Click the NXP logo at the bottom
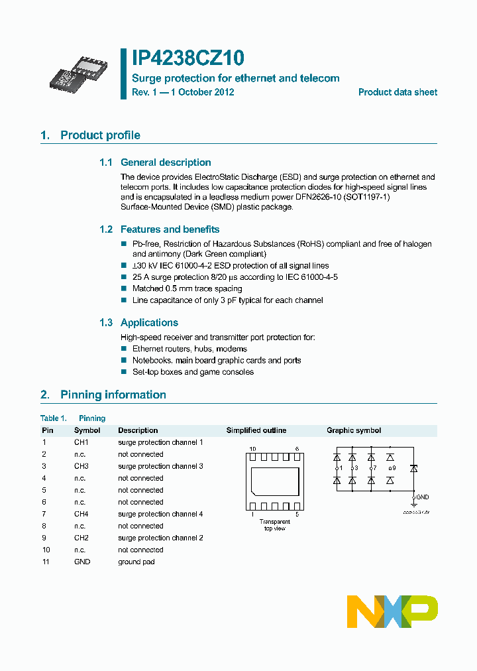click(392, 611)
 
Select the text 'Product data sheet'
click(397, 92)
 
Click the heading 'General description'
click(166, 162)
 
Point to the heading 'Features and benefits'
click(170, 229)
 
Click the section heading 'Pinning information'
click(113, 395)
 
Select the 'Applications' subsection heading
click(149, 323)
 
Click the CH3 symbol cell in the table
click(81, 466)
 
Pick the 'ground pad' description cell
click(136, 562)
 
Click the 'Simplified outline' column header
click(256, 430)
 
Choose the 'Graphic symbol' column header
click(354, 430)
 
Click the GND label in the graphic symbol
click(422, 497)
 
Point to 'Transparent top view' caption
click(274, 525)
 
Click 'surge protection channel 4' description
click(160, 514)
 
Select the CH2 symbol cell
click(81, 538)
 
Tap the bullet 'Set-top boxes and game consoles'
click(193, 372)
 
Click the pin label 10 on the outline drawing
click(252, 449)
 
